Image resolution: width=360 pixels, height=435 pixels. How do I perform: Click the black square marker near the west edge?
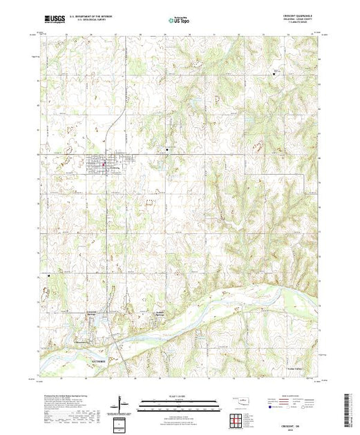click(x=49, y=275)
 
